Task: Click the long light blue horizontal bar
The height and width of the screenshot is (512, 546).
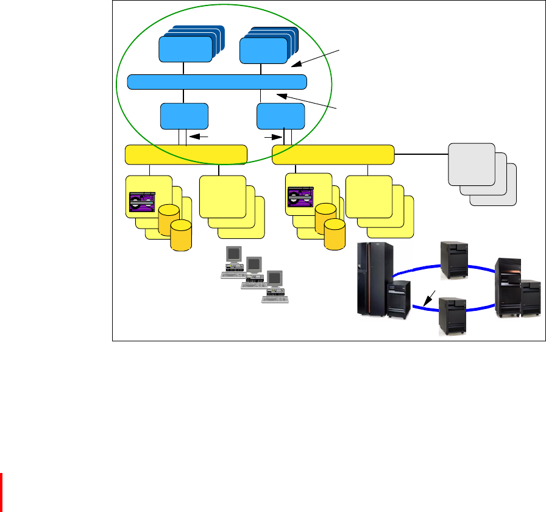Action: tap(217, 82)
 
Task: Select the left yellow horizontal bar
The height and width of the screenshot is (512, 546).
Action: tap(186, 155)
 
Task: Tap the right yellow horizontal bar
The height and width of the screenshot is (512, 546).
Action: tap(333, 155)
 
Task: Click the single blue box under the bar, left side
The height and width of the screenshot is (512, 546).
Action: tap(184, 116)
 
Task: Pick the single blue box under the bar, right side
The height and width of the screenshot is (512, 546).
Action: tap(281, 116)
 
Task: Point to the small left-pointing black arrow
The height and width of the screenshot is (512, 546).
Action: tap(200, 138)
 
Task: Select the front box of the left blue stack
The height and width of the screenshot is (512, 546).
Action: tap(182, 49)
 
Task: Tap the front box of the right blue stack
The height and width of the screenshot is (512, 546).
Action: tap(264, 49)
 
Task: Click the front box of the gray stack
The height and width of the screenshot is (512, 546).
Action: tap(471, 164)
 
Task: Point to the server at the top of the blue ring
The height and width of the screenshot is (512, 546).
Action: tap(455, 259)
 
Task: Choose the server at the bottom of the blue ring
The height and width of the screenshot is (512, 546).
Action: tap(453, 316)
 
